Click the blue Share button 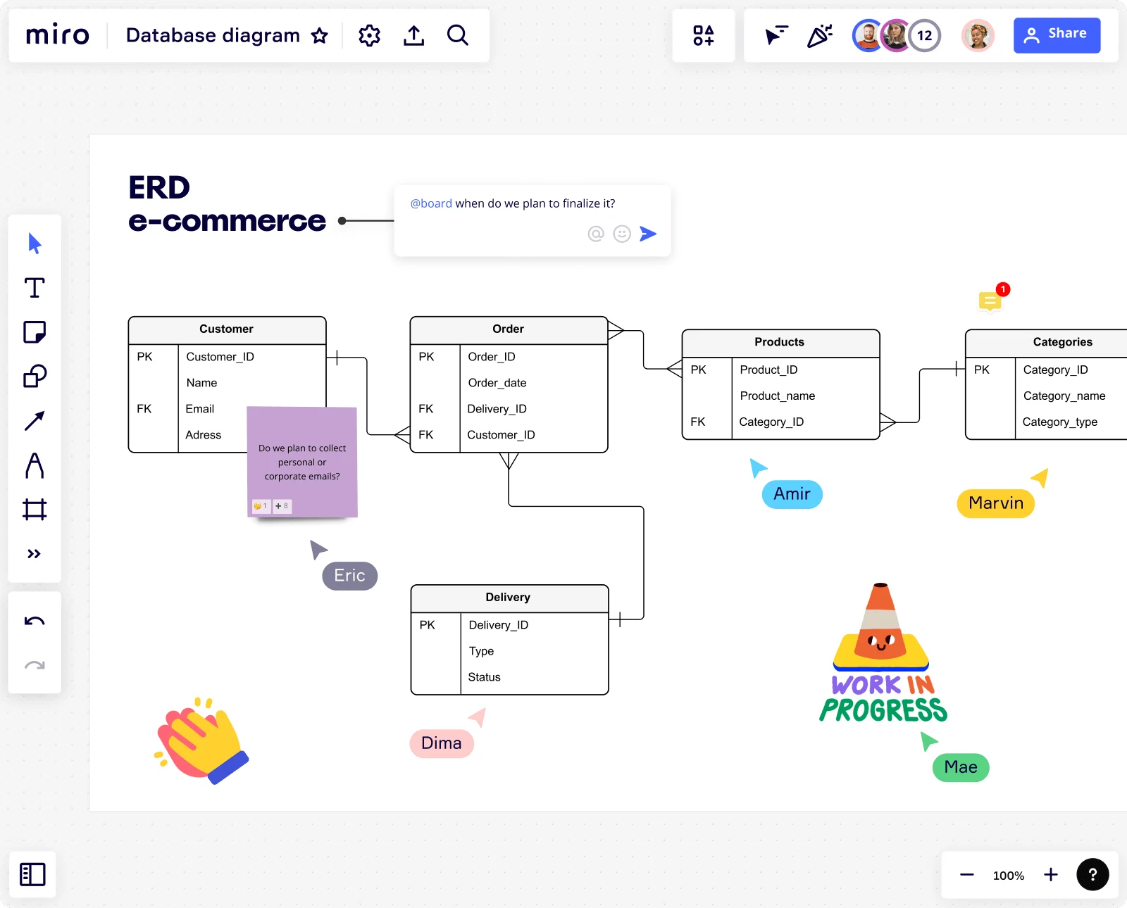pyautogui.click(x=1057, y=35)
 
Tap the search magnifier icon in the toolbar pyautogui.click(x=457, y=35)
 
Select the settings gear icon pyautogui.click(x=369, y=36)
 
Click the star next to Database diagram pyautogui.click(x=320, y=36)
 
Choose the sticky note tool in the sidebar pyautogui.click(x=35, y=332)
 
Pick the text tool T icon pyautogui.click(x=35, y=287)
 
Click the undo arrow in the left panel pyautogui.click(x=35, y=622)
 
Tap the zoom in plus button pyautogui.click(x=1050, y=874)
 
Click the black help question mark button pyautogui.click(x=1092, y=874)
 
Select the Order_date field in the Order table pyautogui.click(x=497, y=383)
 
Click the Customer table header pyautogui.click(x=227, y=329)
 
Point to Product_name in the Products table pyautogui.click(x=777, y=396)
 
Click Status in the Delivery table pyautogui.click(x=484, y=676)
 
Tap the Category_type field pyautogui.click(x=1059, y=422)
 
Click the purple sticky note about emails pyautogui.click(x=302, y=462)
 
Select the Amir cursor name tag pyautogui.click(x=792, y=494)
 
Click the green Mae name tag pyautogui.click(x=961, y=767)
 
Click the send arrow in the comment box pyautogui.click(x=648, y=234)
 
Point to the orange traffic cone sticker pyautogui.click(x=881, y=626)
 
